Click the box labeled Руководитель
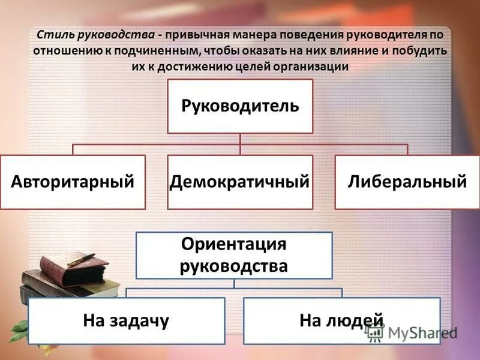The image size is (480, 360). (x=240, y=106)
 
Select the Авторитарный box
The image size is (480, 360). (x=73, y=182)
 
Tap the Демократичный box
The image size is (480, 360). (x=240, y=182)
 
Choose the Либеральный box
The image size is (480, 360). (x=407, y=182)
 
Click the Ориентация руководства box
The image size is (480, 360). (x=234, y=255)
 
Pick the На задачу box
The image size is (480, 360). (x=127, y=320)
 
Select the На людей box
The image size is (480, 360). (x=341, y=320)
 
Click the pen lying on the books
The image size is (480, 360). (x=82, y=259)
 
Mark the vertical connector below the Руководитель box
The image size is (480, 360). (x=240, y=139)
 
